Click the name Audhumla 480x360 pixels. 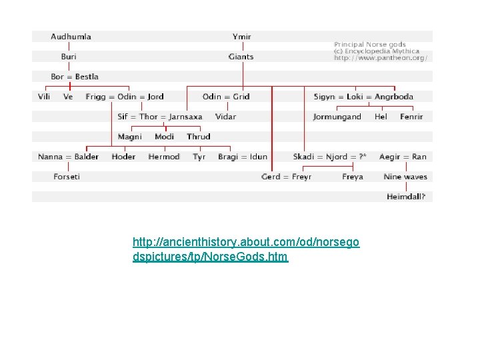click(x=71, y=37)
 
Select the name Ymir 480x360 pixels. click(x=242, y=37)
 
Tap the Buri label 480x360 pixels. click(x=69, y=57)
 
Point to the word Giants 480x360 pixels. click(x=241, y=57)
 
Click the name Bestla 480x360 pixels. click(x=87, y=77)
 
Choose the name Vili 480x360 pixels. click(x=44, y=97)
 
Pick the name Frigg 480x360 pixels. click(x=95, y=97)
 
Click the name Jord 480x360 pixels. click(x=155, y=97)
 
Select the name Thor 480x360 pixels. click(x=149, y=117)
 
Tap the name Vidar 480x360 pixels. click(x=226, y=117)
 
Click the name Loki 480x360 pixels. click(x=355, y=97)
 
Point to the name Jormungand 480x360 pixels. click(x=337, y=117)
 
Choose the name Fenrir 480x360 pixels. click(x=411, y=117)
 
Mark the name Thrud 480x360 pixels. click(x=199, y=137)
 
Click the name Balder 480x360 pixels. click(x=87, y=157)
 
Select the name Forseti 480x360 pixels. click(x=67, y=177)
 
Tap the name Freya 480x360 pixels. click(x=353, y=177)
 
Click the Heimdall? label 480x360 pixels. click(x=406, y=197)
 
